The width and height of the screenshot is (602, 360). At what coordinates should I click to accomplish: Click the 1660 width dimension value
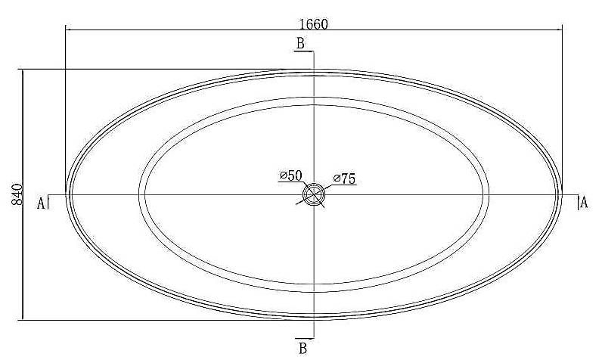coord(314,24)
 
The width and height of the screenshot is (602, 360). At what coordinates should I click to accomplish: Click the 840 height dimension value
coord(17,194)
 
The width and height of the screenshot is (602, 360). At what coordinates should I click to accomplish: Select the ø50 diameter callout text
coord(290,175)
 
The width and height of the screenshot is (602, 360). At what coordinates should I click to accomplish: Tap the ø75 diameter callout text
coord(344,178)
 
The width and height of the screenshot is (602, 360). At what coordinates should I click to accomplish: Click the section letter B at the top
coord(300,43)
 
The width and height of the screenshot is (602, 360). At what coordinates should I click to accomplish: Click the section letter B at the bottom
coord(303,349)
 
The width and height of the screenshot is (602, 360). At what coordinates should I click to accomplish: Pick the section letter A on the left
coord(41,203)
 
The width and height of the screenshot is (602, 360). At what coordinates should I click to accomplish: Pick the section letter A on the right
coord(584,202)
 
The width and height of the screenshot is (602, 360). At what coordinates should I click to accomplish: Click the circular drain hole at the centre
coord(314,194)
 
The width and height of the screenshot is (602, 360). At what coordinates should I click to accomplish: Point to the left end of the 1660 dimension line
coord(66,29)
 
